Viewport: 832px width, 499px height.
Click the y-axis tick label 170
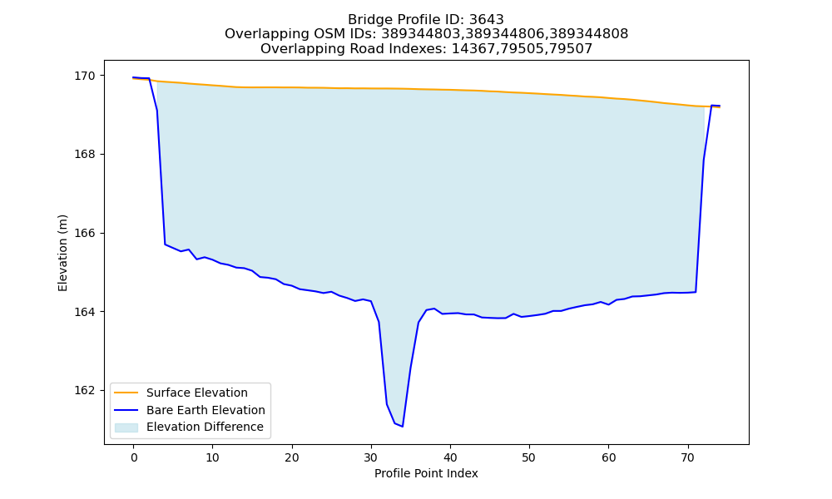85,76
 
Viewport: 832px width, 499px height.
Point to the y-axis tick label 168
85,155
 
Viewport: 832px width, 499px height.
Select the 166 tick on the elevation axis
85,234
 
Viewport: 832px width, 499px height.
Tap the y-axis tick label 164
85,312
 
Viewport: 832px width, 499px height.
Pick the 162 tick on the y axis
85,390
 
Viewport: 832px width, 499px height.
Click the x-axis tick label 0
134,457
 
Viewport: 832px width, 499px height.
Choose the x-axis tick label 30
371,457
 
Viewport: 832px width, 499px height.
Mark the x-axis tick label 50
529,457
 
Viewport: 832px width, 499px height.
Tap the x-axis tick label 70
688,457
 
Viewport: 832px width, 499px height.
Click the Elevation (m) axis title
62,253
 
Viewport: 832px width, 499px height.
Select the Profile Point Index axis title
426,473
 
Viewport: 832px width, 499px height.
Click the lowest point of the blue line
403,427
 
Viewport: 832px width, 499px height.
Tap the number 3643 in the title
487,20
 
